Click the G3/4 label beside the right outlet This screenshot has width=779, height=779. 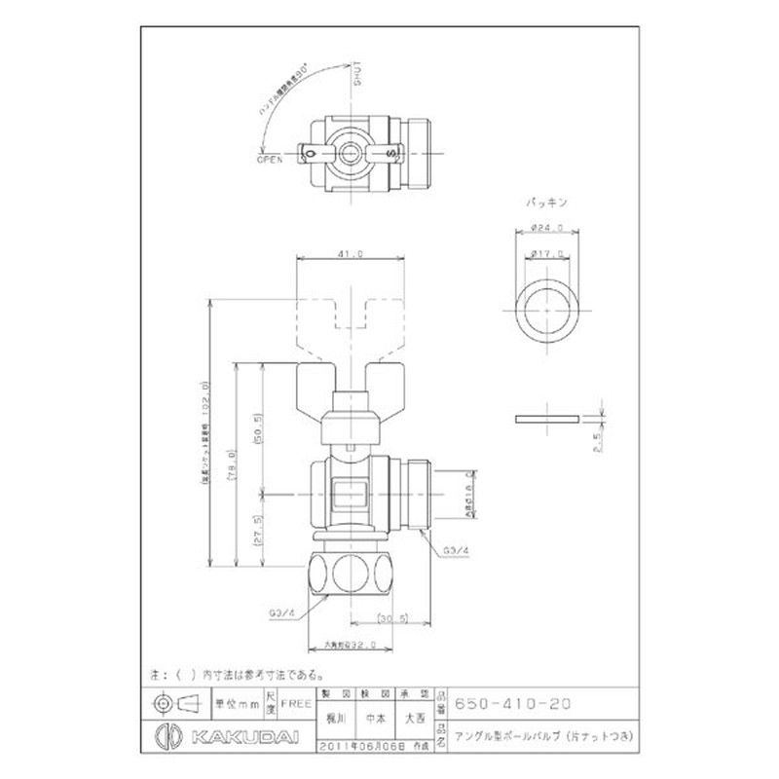click(x=455, y=551)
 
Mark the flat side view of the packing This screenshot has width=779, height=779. click(x=547, y=419)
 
